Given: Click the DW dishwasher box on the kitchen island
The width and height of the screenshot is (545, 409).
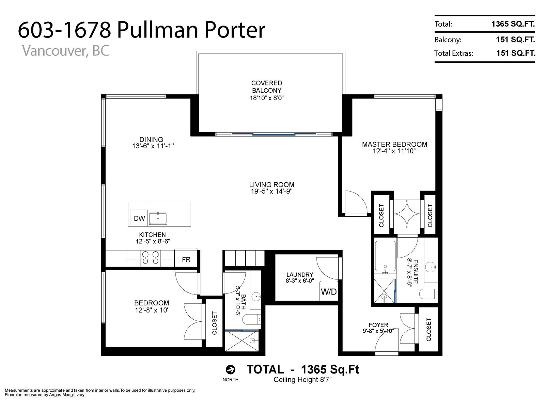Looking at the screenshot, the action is click(x=139, y=218).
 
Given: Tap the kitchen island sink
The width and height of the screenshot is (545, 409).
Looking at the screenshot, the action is click(x=158, y=218).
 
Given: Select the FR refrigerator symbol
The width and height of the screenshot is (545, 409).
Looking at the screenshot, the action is click(x=186, y=259).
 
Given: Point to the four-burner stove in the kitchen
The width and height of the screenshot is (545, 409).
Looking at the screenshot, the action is click(x=150, y=258).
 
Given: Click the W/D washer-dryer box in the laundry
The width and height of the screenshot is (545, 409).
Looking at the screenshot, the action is click(x=329, y=291).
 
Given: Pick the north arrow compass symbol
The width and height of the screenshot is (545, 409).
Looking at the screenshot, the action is click(x=230, y=369).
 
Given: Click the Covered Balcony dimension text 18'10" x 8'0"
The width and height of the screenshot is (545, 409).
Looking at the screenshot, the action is click(x=267, y=98).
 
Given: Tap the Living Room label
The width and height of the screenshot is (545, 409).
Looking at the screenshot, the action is click(x=271, y=184).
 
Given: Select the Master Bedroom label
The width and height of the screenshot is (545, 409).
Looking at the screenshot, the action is click(x=394, y=144).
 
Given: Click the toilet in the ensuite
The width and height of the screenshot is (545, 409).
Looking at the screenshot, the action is click(x=429, y=294).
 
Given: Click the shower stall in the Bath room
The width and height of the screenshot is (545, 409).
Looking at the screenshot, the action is click(x=242, y=341).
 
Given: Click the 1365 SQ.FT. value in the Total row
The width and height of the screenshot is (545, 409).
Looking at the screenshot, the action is click(x=513, y=24).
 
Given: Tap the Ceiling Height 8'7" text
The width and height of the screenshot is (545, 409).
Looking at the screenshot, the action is click(x=303, y=380).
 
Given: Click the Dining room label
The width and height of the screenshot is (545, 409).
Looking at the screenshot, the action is click(x=151, y=139).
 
